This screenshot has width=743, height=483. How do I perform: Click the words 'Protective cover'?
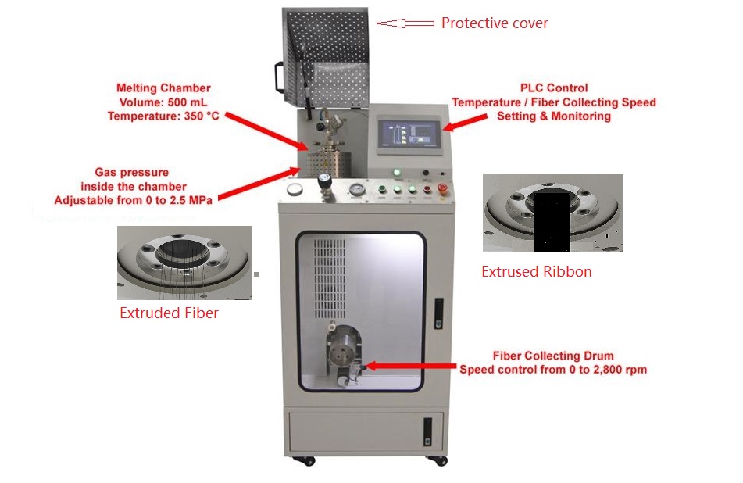pyautogui.click(x=495, y=23)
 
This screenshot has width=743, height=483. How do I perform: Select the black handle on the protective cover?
pyautogui.click(x=278, y=77)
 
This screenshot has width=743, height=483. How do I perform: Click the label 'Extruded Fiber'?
pyautogui.click(x=168, y=313)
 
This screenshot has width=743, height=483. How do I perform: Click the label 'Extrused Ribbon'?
pyautogui.click(x=536, y=272)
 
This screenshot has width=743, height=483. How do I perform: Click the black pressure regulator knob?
pyautogui.click(x=323, y=181)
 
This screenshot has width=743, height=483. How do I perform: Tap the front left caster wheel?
pyautogui.click(x=298, y=461)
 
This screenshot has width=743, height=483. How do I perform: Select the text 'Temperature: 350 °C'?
pyautogui.click(x=163, y=116)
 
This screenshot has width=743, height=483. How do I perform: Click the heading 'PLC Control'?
pyautogui.click(x=554, y=88)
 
